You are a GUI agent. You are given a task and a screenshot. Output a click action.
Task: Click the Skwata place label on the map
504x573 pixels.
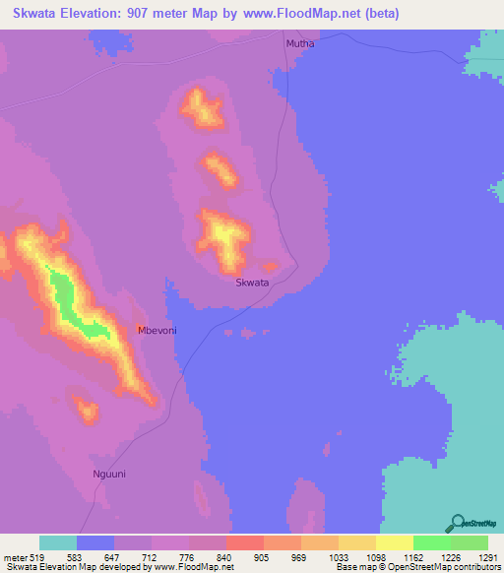[252, 283]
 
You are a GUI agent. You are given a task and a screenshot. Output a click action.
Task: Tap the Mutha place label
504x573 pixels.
[298, 44]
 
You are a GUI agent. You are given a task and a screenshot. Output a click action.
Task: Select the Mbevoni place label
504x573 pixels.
[157, 331]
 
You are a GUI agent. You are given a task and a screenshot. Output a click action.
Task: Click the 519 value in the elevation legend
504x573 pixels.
[36, 557]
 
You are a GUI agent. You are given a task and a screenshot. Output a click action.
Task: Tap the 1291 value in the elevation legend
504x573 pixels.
[487, 557]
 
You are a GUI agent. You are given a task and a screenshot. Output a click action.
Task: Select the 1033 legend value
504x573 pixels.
[338, 557]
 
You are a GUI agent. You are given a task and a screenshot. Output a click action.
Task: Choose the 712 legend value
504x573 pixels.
[151, 557]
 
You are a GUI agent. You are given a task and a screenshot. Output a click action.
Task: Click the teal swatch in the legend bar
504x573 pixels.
[58, 542]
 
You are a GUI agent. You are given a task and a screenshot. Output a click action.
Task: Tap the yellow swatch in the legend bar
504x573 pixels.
[394, 542]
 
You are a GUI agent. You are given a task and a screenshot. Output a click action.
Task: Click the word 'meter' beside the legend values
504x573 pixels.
[14, 557]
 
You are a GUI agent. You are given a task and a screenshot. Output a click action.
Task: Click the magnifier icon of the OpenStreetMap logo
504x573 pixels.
[456, 523]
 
